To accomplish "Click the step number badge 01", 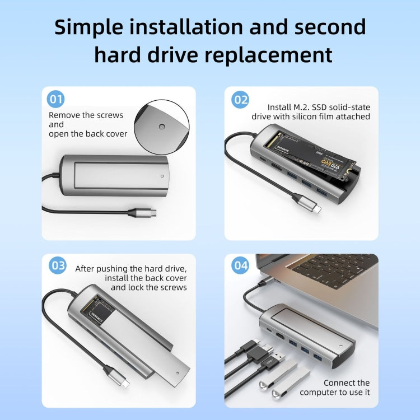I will point(55,100).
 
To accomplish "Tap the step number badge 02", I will point(240,100).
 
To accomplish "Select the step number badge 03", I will point(58,265).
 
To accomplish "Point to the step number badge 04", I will point(240,265).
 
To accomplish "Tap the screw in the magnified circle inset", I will point(161,126).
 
